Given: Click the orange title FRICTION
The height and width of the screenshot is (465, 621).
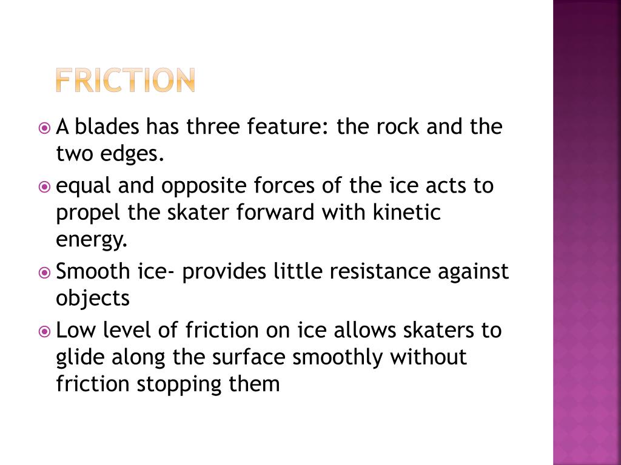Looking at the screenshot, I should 124,81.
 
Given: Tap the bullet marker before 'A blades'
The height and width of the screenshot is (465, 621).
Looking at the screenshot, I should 44,128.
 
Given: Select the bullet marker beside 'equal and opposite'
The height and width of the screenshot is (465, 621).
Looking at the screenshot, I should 44,186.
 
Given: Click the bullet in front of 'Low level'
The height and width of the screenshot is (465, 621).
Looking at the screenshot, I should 44,331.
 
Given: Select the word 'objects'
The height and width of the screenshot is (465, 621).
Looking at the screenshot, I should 93,298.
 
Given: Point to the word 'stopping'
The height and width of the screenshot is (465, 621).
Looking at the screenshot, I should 180,385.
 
